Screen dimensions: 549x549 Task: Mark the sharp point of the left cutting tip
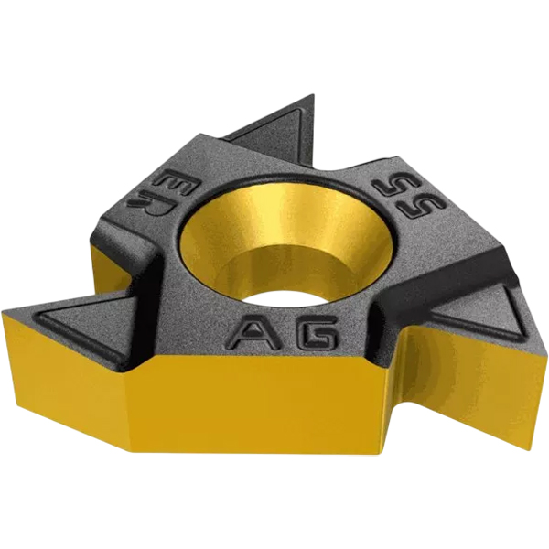[3, 312]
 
